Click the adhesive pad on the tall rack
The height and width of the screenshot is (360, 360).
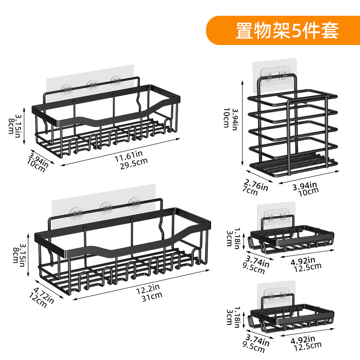(275, 72)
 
